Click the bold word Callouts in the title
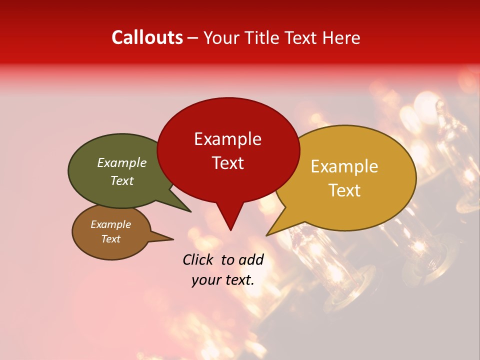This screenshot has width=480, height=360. point(147,37)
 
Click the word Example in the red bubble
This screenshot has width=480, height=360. point(227,139)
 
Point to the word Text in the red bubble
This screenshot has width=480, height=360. point(227,163)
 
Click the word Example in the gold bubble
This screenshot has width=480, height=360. point(344,166)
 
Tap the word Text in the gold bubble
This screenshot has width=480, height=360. point(344,190)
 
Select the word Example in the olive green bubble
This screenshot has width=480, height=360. point(121,163)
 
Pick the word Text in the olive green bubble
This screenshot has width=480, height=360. point(121,181)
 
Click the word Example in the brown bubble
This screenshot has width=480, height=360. point(110,224)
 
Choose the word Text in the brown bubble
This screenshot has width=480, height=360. point(110,239)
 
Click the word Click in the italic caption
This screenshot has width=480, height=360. point(198,259)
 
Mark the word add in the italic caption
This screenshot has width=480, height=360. point(251,259)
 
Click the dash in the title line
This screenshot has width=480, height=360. point(193,38)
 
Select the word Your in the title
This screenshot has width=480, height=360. point(220,37)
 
